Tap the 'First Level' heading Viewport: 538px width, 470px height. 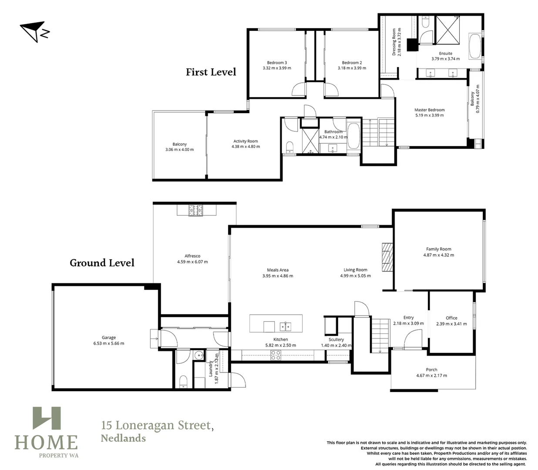211,72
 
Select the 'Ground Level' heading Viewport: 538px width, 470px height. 102,263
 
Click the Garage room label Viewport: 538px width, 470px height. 109,338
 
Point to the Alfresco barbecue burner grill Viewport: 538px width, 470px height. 195,211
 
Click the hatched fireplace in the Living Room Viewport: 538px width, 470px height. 387,257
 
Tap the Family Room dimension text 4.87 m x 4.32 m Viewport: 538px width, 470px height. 439,255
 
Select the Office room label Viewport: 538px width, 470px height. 451,318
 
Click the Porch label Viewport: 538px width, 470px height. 431,369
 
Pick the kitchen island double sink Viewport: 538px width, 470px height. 285,326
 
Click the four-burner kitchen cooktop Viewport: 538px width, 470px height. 276,356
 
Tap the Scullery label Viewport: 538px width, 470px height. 336,339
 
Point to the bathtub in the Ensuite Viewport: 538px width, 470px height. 475,46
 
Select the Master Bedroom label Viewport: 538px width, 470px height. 430,110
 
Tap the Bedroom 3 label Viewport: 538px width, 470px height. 277,63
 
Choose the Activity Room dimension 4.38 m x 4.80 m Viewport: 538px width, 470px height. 245,147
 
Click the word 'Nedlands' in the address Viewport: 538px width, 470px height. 123,438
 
